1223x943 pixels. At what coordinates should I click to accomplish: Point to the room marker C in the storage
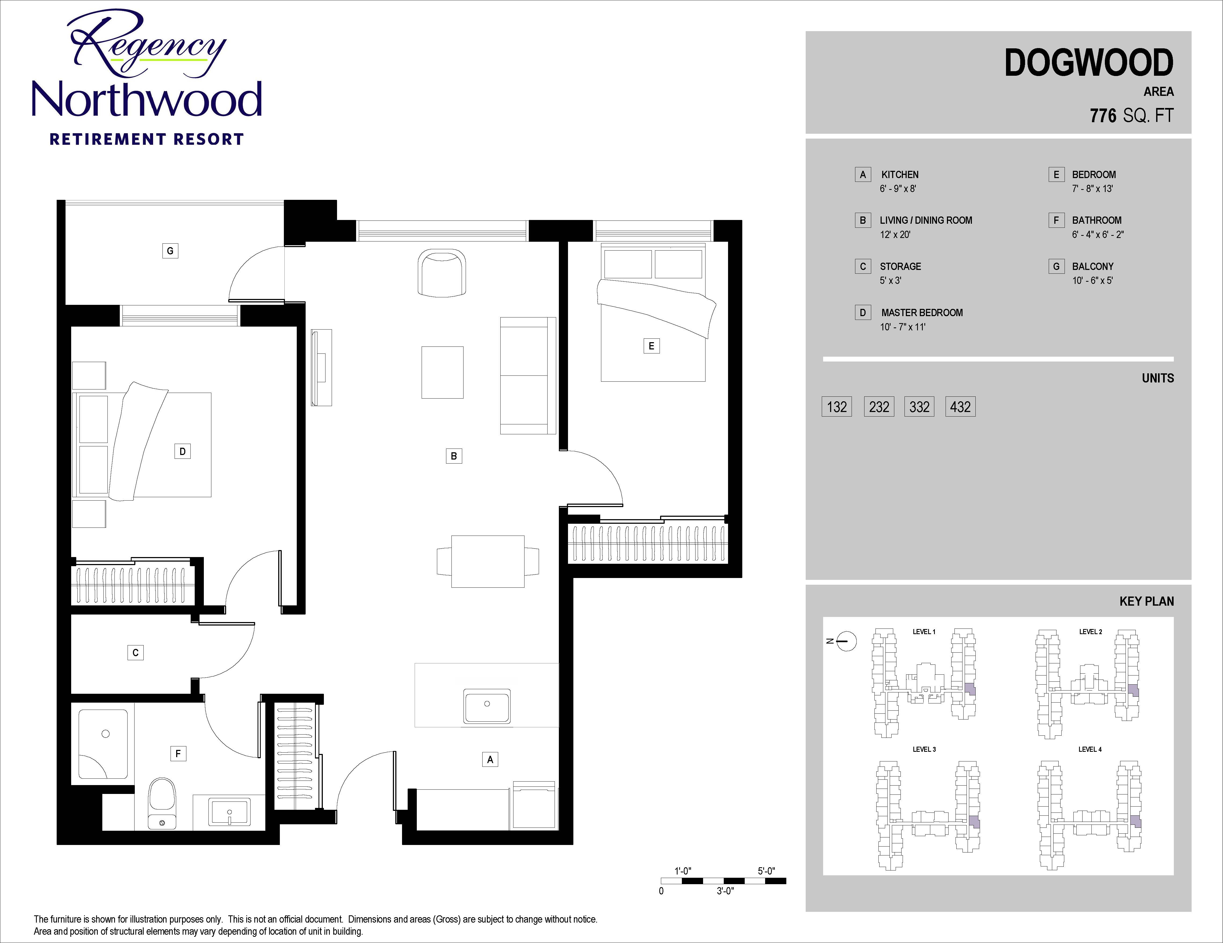click(x=136, y=652)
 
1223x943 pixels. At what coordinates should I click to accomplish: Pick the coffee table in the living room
click(x=442, y=372)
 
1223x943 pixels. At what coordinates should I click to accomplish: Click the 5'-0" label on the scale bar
click(x=766, y=871)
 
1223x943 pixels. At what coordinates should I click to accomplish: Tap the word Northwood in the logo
click(x=147, y=99)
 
